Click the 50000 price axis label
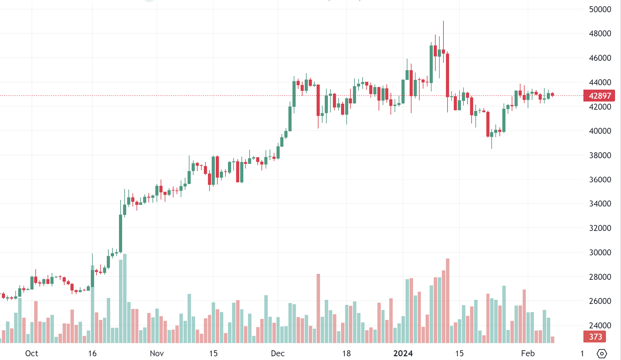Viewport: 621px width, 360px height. click(600, 9)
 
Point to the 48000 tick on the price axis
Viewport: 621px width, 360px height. click(600, 34)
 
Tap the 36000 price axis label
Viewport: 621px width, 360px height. click(600, 180)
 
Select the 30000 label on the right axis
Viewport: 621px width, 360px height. click(600, 253)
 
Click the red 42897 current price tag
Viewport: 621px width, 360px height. click(599, 96)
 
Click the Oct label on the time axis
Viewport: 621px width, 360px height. click(32, 353)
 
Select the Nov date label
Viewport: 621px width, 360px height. click(157, 353)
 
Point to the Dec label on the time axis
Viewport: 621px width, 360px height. click(278, 353)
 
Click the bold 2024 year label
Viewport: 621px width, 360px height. click(403, 353)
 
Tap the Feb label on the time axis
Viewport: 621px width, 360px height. click(528, 353)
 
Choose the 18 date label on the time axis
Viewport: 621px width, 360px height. click(346, 353)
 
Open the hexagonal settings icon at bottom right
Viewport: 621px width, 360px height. click(602, 354)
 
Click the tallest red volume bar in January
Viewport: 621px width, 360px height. click(448, 301)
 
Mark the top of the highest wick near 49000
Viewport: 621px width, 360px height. click(443, 21)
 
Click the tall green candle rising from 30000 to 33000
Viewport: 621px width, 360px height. click(121, 233)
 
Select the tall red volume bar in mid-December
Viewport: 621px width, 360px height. click(318, 309)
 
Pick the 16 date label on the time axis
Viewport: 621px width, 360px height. click(92, 353)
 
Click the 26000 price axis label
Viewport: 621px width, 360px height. click(600, 301)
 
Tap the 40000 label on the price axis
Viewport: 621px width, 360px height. click(600, 131)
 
